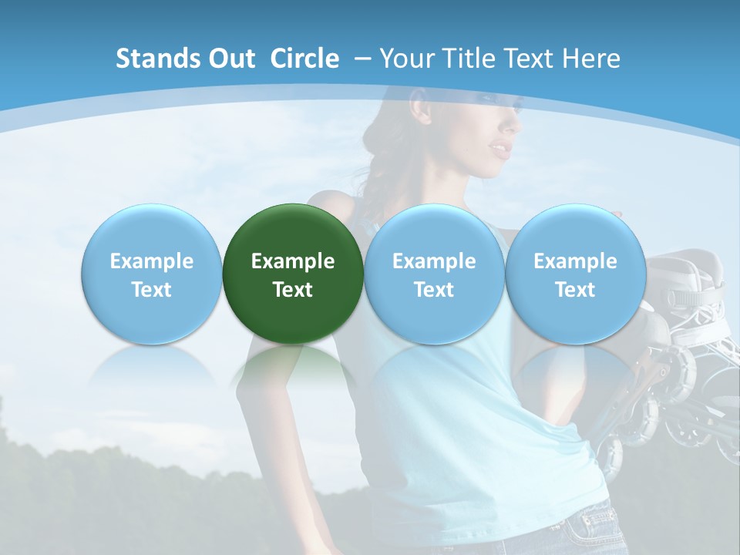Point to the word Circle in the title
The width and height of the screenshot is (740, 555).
point(304,59)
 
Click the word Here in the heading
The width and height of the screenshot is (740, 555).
point(591,59)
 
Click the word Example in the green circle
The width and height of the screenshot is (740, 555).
point(293,261)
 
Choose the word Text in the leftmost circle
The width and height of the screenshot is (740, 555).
point(151,290)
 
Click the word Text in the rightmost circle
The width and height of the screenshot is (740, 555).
point(575,290)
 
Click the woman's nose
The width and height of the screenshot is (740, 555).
point(511,124)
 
